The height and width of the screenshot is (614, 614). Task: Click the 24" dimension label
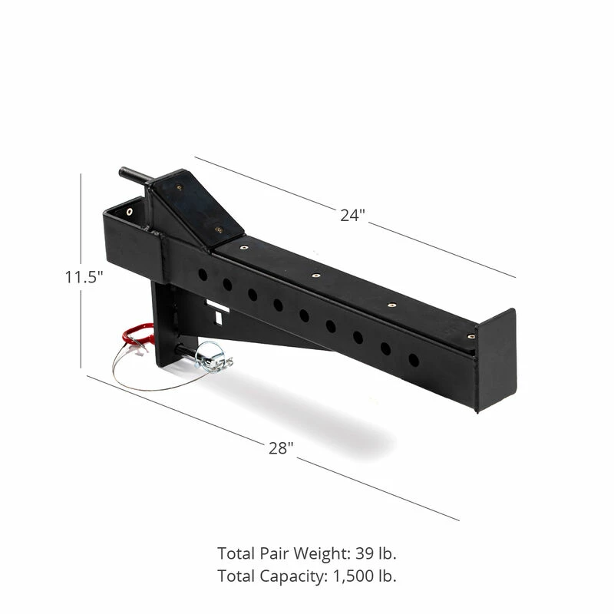pos(352,216)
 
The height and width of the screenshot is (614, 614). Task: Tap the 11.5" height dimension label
pos(84,277)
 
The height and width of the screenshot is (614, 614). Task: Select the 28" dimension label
pos(281,448)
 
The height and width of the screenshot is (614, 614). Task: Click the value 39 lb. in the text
pos(376,553)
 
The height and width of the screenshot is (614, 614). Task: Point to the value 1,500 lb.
pos(365,576)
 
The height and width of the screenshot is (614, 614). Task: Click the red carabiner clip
pos(137,335)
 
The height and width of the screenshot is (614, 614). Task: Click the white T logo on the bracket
pos(218,312)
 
